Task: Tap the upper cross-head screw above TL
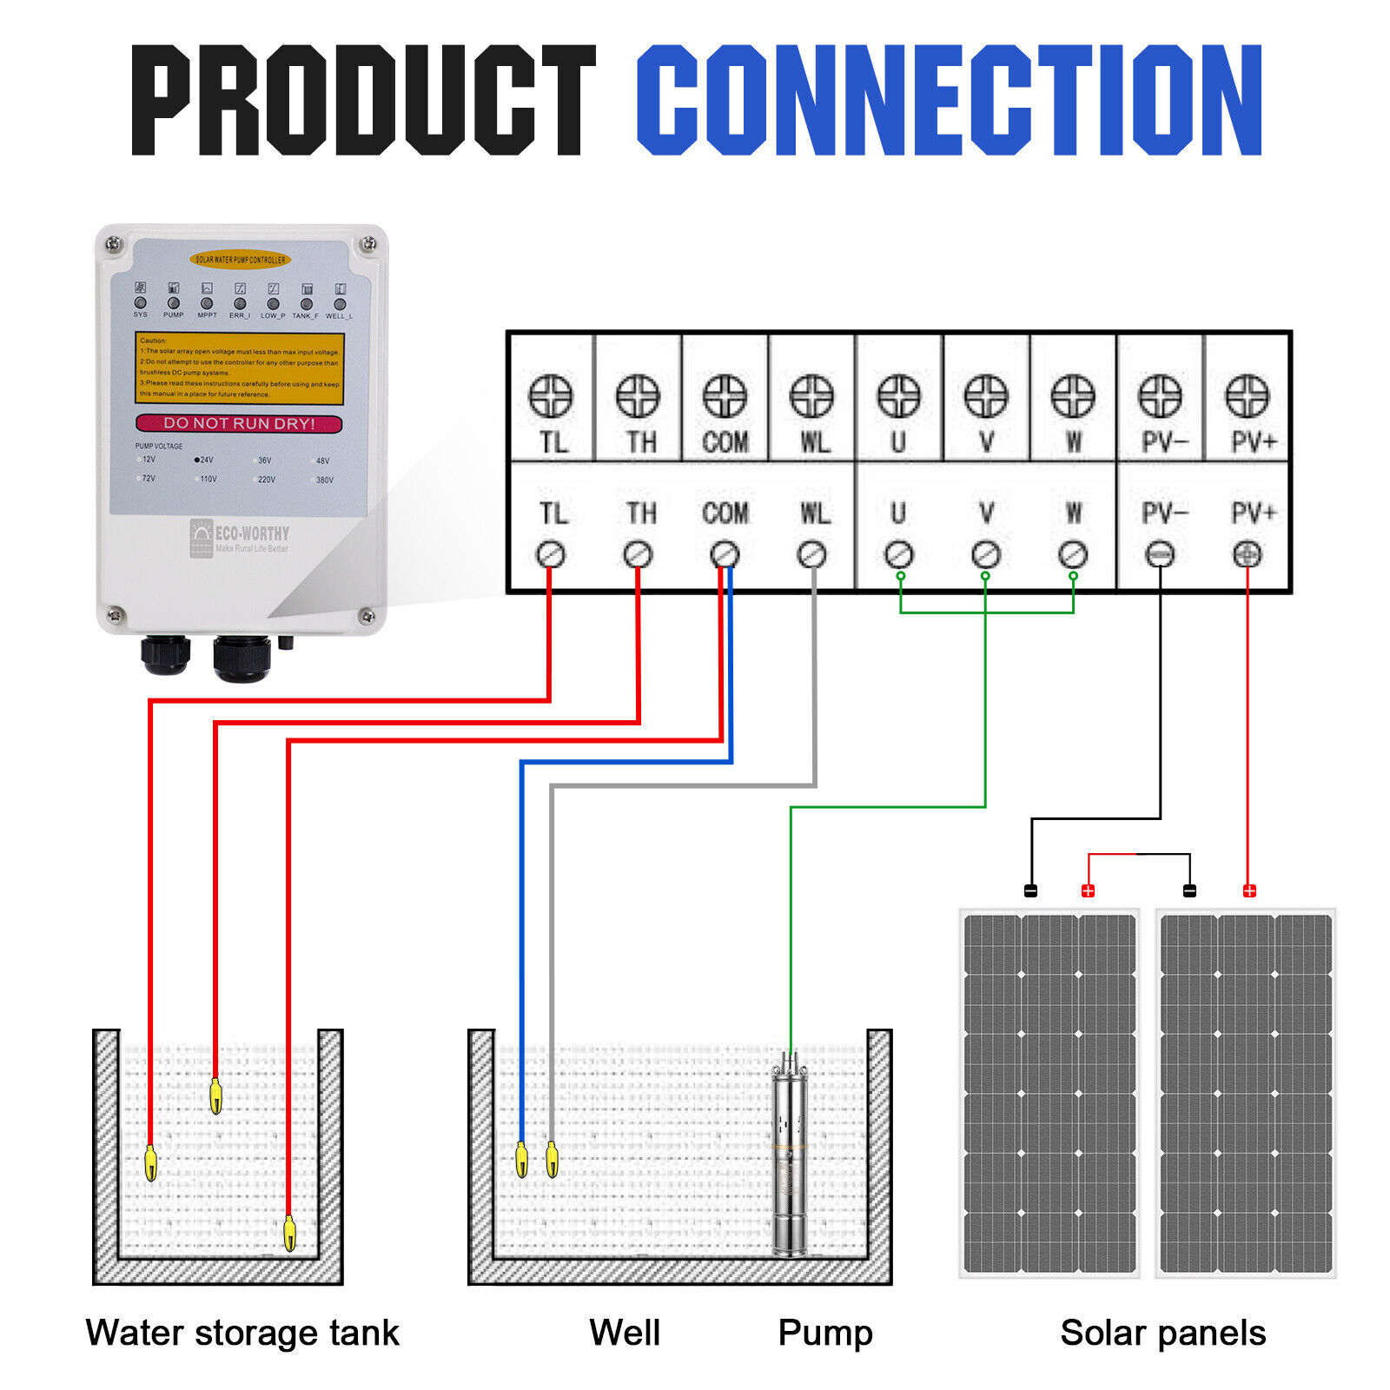pyautogui.click(x=551, y=396)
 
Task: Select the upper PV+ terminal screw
pyautogui.click(x=1247, y=396)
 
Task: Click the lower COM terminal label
pyautogui.click(x=725, y=513)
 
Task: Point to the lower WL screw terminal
pyautogui.click(x=812, y=554)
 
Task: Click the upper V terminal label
pyautogui.click(x=986, y=442)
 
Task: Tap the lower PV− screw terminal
pyautogui.click(x=1160, y=554)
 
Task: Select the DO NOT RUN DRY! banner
pyautogui.click(x=239, y=423)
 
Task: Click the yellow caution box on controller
pyautogui.click(x=239, y=367)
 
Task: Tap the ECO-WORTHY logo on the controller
pyautogui.click(x=240, y=538)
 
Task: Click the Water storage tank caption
pyautogui.click(x=242, y=1333)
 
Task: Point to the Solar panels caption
pyautogui.click(x=1162, y=1333)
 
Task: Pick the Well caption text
pyautogui.click(x=625, y=1333)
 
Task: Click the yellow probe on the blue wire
pyautogui.click(x=521, y=1160)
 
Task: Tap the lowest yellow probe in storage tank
pyautogui.click(x=289, y=1233)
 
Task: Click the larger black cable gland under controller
pyautogui.click(x=242, y=658)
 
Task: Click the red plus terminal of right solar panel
pyautogui.click(x=1249, y=890)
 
